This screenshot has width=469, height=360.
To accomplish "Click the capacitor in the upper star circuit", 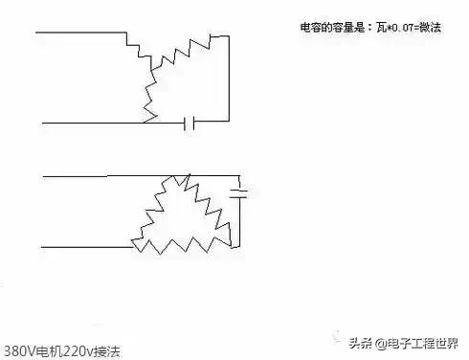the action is [190, 123].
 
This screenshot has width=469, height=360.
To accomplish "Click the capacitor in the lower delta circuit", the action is [240, 192].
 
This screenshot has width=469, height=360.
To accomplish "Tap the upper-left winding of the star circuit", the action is [140, 54].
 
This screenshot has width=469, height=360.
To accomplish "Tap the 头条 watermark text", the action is [361, 342].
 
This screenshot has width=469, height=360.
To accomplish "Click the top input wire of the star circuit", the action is [81, 33].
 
